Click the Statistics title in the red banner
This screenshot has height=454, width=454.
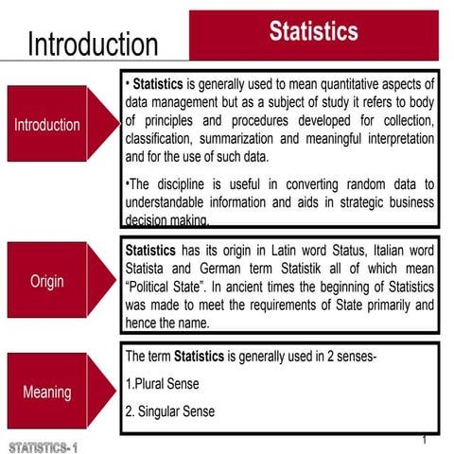313,31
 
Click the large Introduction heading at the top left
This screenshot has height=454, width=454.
93,44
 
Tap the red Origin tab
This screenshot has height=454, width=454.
47,283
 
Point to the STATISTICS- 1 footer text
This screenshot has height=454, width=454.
45,445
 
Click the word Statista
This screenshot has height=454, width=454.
149,270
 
